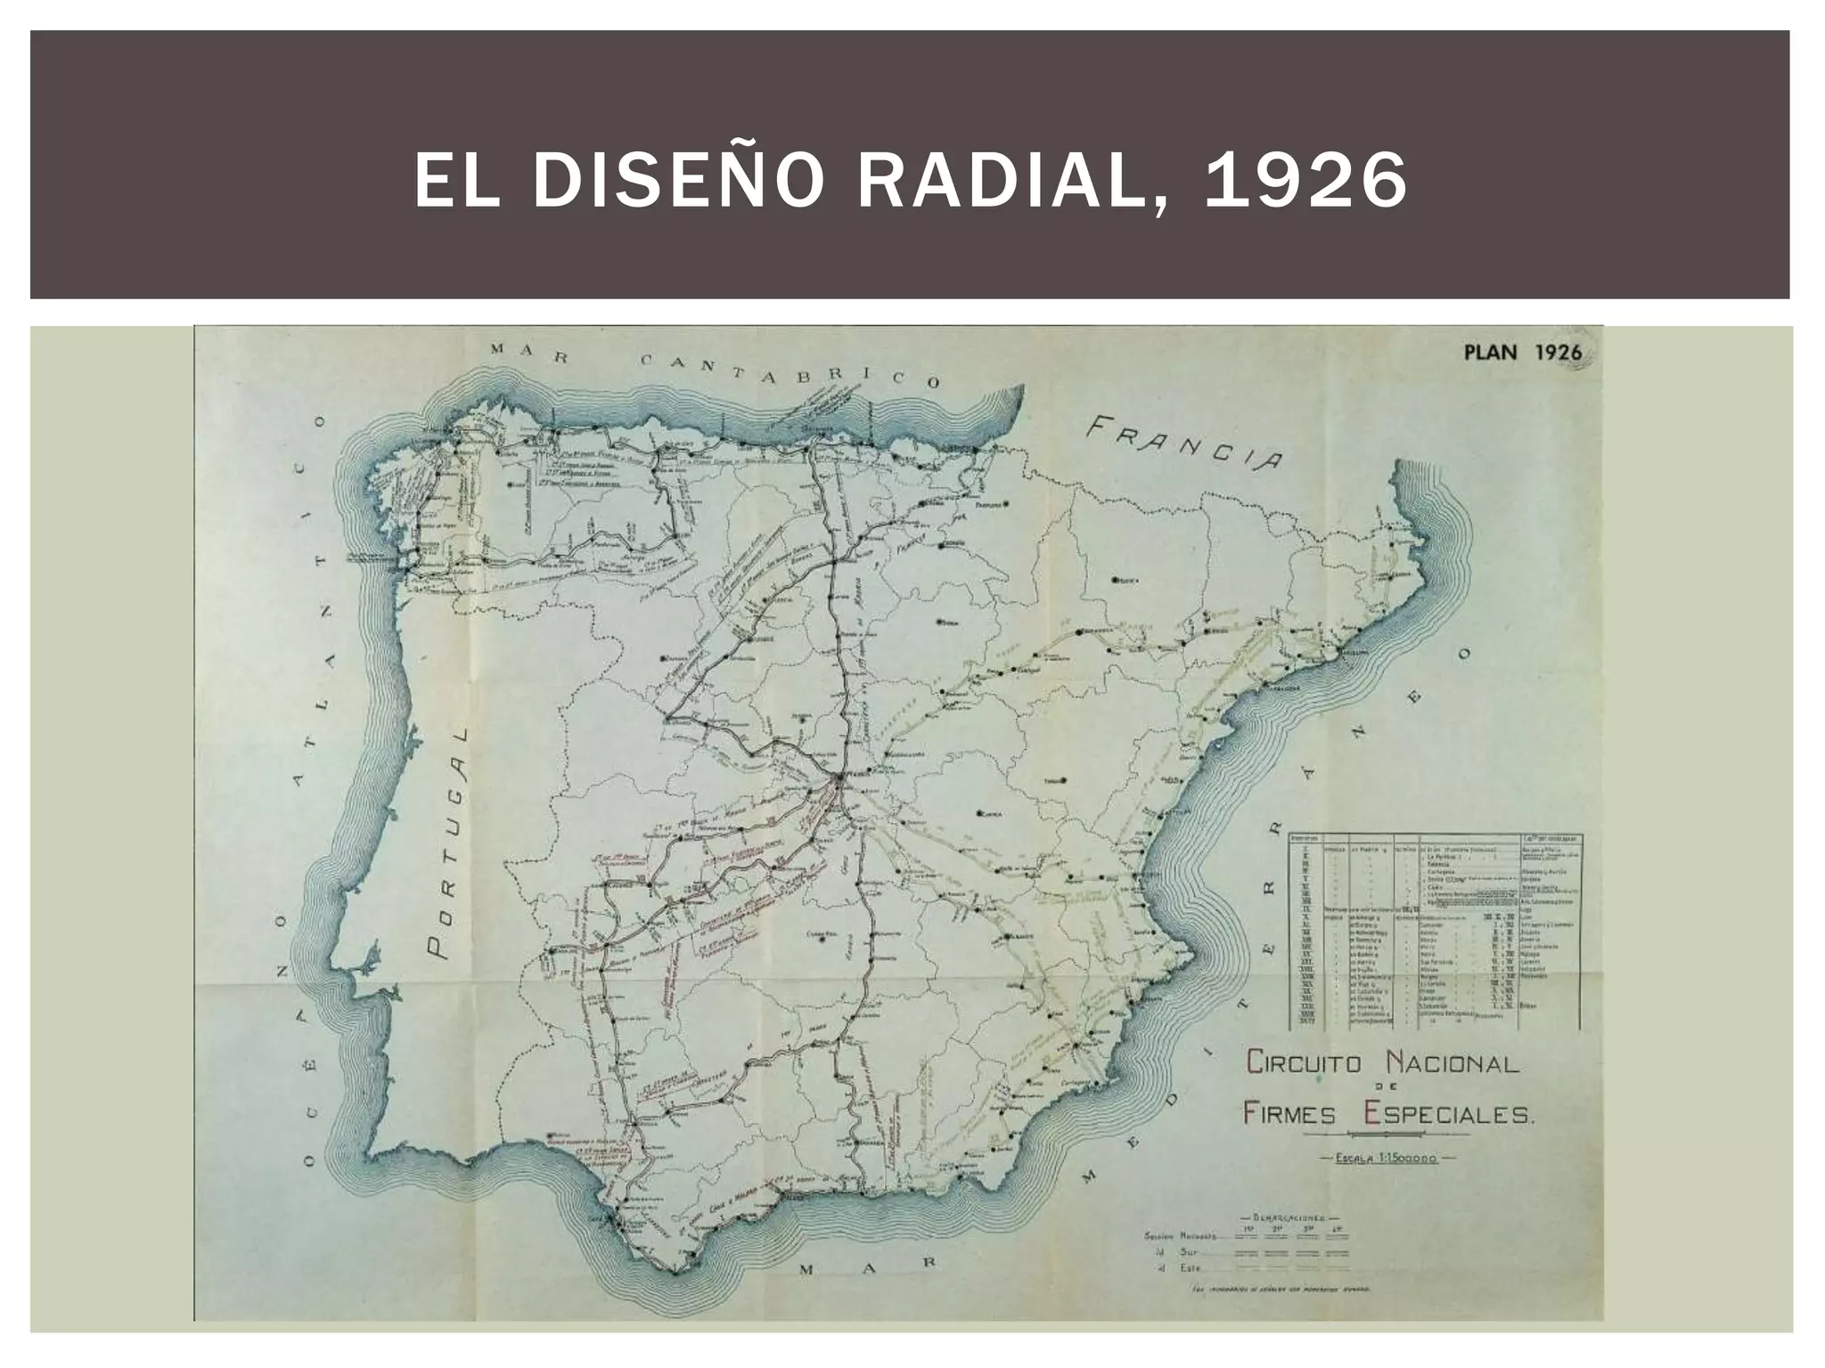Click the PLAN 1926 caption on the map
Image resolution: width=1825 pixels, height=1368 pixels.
[1522, 352]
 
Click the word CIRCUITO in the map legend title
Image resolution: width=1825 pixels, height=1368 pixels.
[1301, 1063]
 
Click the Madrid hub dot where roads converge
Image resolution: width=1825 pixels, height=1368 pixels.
[839, 781]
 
